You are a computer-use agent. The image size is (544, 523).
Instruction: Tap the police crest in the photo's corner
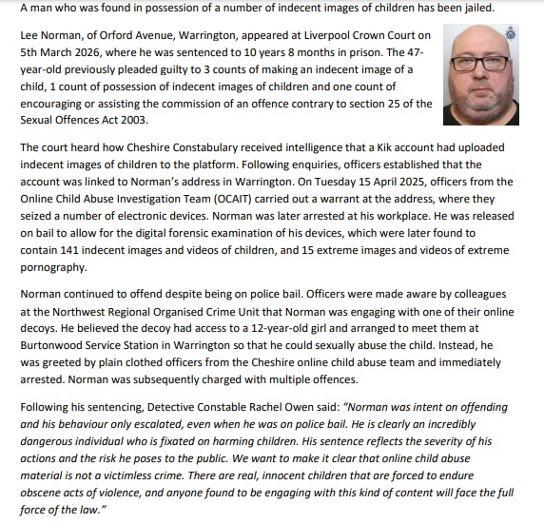(x=536, y=32)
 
